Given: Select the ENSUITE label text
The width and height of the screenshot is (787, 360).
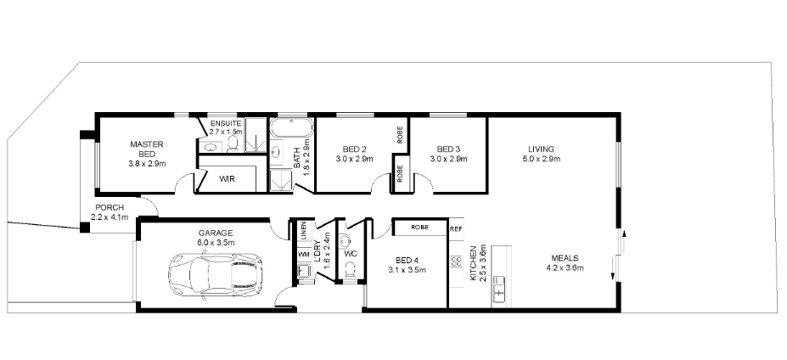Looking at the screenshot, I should tap(226, 124).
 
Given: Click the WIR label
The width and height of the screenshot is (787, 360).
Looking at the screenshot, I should tap(227, 179).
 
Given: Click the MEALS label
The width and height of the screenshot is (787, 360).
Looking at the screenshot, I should tap(565, 259).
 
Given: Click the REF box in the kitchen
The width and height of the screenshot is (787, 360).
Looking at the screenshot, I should tap(456, 228).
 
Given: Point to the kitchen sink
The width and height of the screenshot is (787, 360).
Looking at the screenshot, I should tap(499, 289).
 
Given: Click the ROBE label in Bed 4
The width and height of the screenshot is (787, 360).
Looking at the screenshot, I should tap(419, 228).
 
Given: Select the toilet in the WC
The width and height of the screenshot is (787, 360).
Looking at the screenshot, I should tap(350, 268).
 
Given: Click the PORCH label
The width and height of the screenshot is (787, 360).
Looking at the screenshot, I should tap(111, 208).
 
